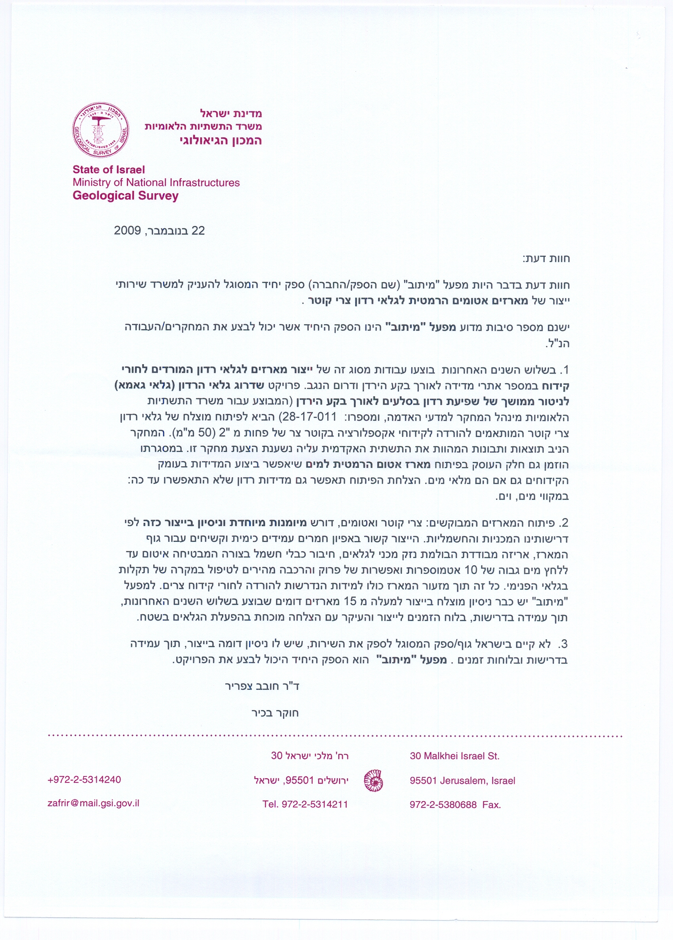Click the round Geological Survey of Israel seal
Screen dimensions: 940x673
101,130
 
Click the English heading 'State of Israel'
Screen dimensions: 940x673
108,169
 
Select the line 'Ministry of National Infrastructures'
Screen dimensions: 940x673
156,182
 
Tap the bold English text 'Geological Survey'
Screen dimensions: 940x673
125,196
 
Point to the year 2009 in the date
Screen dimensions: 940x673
127,230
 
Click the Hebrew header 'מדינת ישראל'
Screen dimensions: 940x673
231,113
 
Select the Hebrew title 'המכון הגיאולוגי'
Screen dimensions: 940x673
221,141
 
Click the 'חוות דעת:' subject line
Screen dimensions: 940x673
546,259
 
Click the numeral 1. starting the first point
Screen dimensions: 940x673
565,370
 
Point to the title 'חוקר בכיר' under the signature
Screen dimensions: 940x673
275,713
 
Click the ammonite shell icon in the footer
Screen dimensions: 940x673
373,780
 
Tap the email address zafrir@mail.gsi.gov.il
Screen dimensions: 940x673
94,803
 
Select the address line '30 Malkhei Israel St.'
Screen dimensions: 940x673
454,756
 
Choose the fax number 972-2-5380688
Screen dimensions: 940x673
443,805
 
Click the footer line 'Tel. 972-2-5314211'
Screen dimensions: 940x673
305,804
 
